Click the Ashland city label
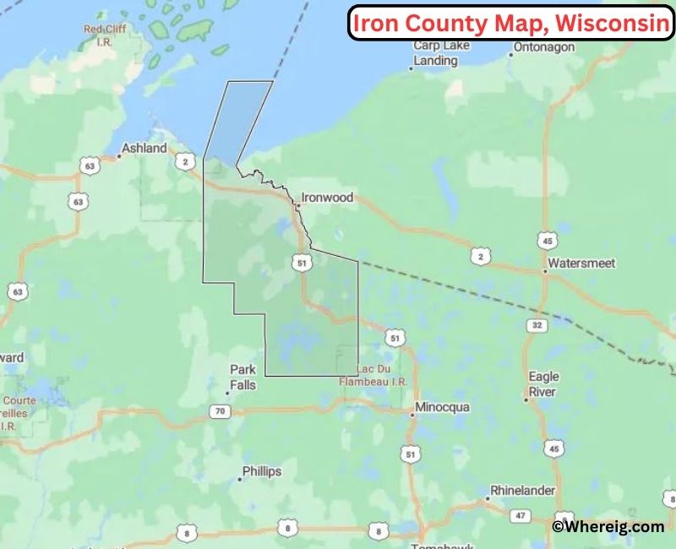[x=144, y=148]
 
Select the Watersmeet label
[x=581, y=264]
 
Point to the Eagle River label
[x=543, y=384]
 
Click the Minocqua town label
[x=441, y=408]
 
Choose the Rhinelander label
[x=522, y=490]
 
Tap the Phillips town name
[x=261, y=471]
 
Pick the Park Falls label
[x=243, y=378]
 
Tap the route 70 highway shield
[x=219, y=411]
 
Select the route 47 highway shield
[x=521, y=515]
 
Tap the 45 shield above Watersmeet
[x=550, y=241]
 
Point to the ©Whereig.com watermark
[x=608, y=527]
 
